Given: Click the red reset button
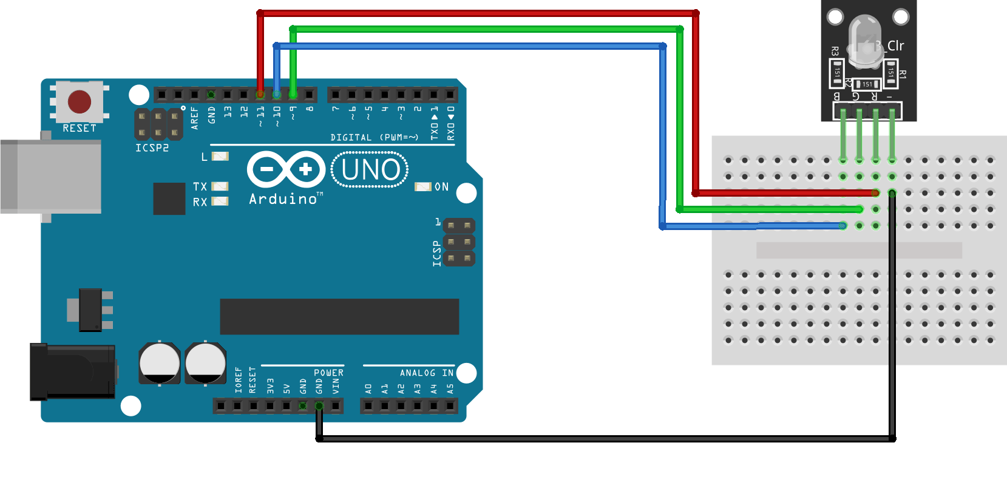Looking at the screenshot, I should [x=80, y=102].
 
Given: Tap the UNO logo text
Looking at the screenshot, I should [x=370, y=170].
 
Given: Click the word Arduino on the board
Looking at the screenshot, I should [x=283, y=199].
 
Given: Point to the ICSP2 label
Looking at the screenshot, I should [x=152, y=147].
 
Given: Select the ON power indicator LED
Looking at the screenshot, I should [x=422, y=187].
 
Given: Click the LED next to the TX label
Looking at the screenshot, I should [x=220, y=186].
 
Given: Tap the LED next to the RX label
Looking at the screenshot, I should [x=220, y=202].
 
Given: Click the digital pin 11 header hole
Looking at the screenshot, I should [x=260, y=95].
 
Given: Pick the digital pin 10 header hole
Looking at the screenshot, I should [x=277, y=95].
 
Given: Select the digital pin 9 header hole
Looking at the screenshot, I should [x=293, y=95].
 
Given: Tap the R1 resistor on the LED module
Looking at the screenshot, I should [x=890, y=72].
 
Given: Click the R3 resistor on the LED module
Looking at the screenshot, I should [x=836, y=72].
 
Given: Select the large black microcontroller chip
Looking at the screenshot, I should [x=339, y=316].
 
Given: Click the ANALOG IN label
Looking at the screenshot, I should [x=426, y=373].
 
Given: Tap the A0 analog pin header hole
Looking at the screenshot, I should [x=368, y=405].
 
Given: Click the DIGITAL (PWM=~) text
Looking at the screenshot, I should [x=374, y=138].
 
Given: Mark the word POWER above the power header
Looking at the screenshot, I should [x=328, y=373].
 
